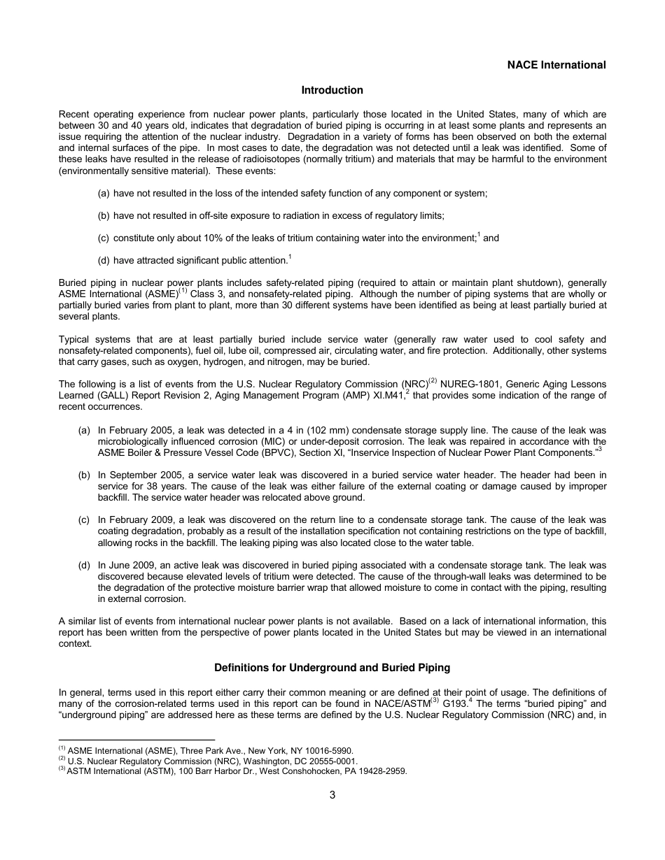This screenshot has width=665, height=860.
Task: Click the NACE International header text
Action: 556,65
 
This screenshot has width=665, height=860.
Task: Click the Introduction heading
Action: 332,90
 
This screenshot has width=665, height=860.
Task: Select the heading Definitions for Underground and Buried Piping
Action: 332,667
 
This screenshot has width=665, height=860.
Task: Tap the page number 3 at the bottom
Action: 332,794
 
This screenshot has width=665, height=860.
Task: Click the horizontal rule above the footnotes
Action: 136,740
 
